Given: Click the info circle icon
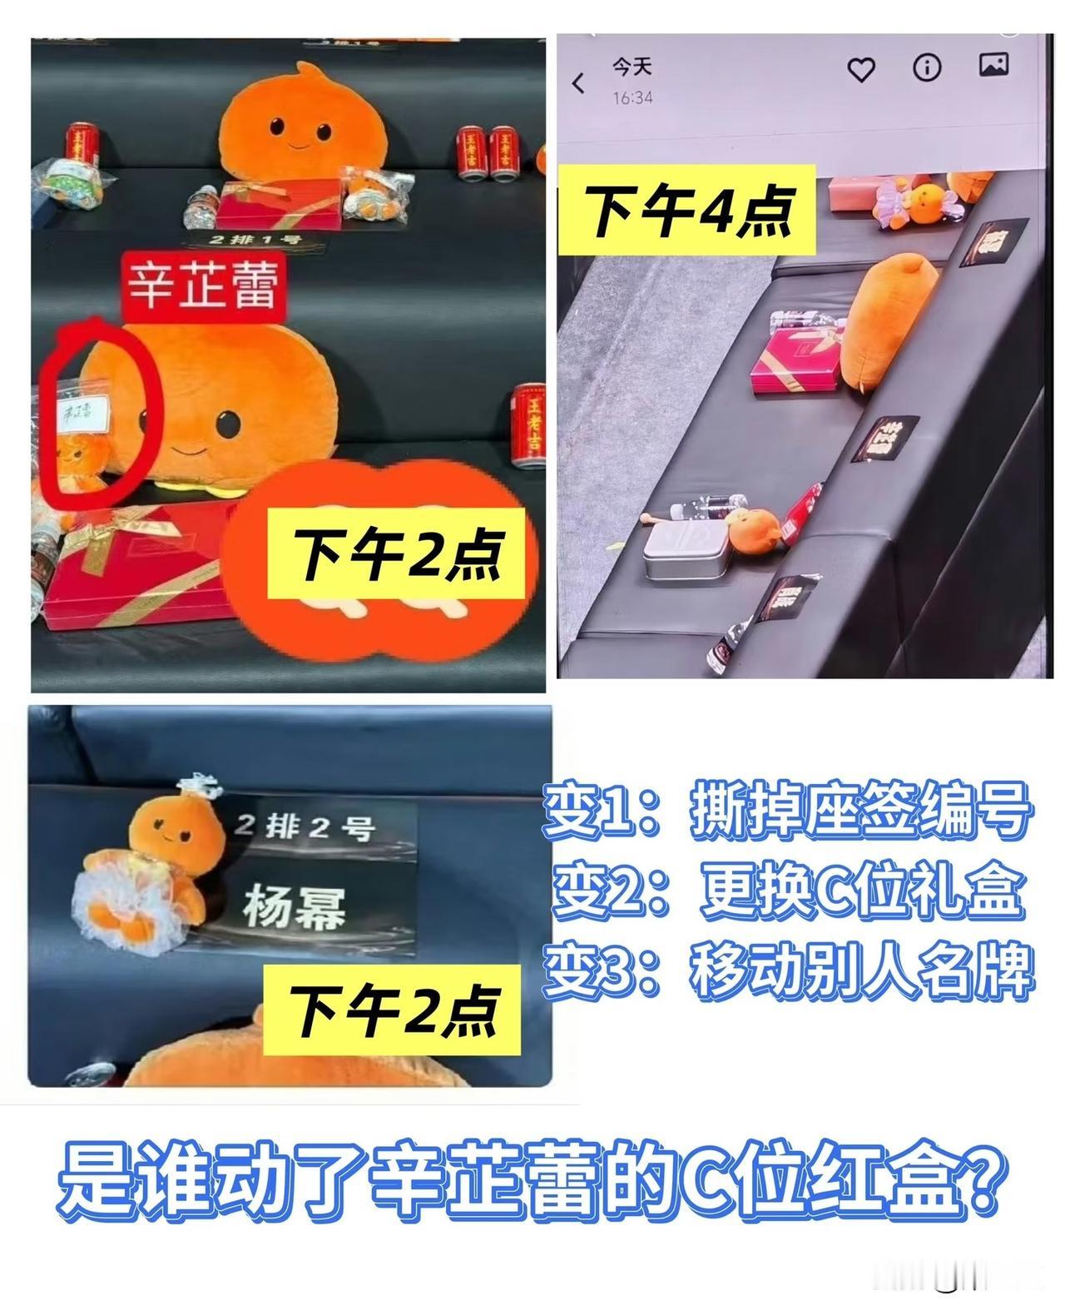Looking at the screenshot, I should (926, 67).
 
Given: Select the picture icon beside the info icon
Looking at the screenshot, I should (993, 65).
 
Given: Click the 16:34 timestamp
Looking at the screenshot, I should (632, 98).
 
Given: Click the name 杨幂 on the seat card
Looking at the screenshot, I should (294, 905).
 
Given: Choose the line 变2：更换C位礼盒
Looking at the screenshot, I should (786, 892).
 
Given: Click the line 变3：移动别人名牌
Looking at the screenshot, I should (786, 971).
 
